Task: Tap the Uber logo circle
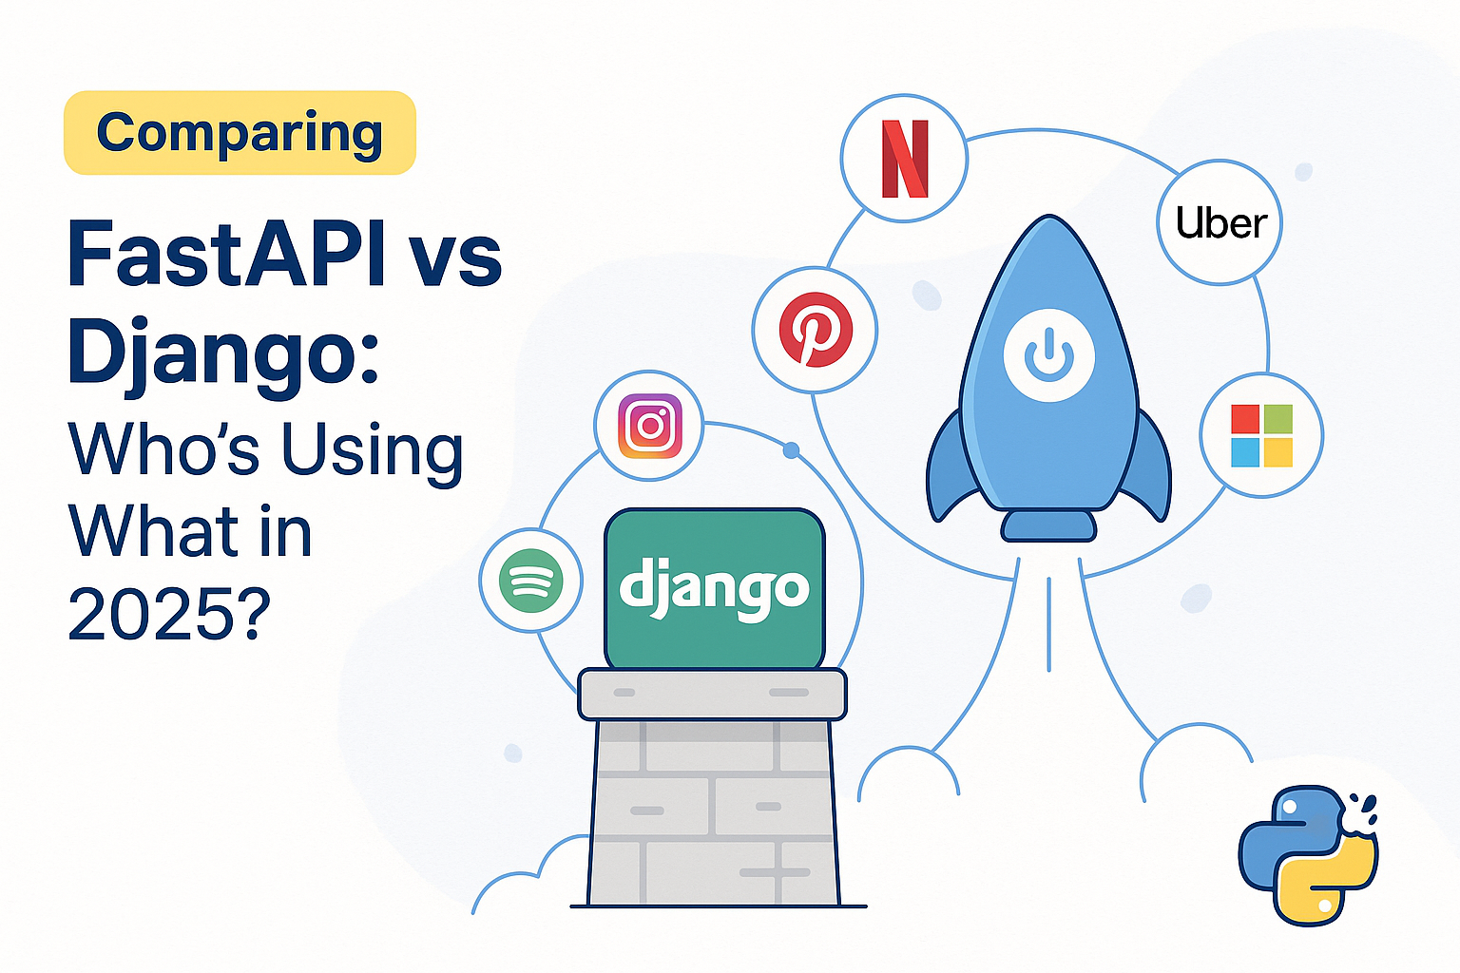click(x=1220, y=222)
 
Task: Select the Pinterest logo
click(x=816, y=329)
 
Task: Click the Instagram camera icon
click(x=650, y=426)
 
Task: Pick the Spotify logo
click(x=530, y=580)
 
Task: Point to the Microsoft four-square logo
click(x=1262, y=435)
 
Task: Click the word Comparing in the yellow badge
click(x=240, y=134)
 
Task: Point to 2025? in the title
click(x=168, y=613)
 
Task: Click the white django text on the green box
click(x=715, y=588)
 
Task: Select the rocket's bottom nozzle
click(x=1048, y=525)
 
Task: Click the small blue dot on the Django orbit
click(x=791, y=450)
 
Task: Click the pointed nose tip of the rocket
click(x=1048, y=216)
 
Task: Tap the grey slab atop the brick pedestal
click(x=712, y=695)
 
